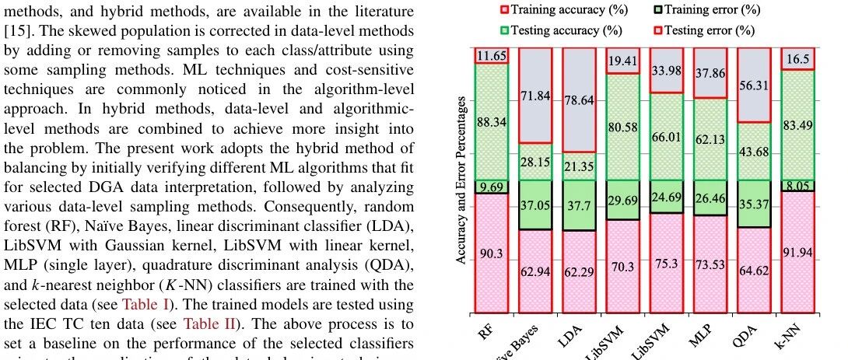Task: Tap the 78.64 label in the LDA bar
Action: pos(579,100)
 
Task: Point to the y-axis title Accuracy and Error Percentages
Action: pos(462,180)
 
